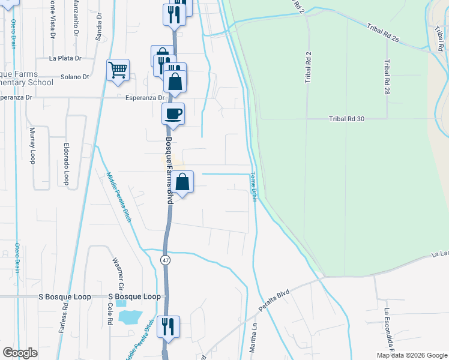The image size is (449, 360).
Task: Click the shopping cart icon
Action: click(118, 70)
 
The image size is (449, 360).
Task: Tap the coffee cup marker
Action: click(173, 113)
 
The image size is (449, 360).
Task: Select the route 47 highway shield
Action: click(165, 259)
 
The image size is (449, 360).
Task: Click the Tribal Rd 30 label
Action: click(347, 119)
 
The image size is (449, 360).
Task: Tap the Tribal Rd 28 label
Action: click(387, 77)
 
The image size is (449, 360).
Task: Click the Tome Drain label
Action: click(253, 187)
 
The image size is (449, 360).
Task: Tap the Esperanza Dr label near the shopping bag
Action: click(145, 97)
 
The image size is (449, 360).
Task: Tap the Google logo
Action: click(20, 353)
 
